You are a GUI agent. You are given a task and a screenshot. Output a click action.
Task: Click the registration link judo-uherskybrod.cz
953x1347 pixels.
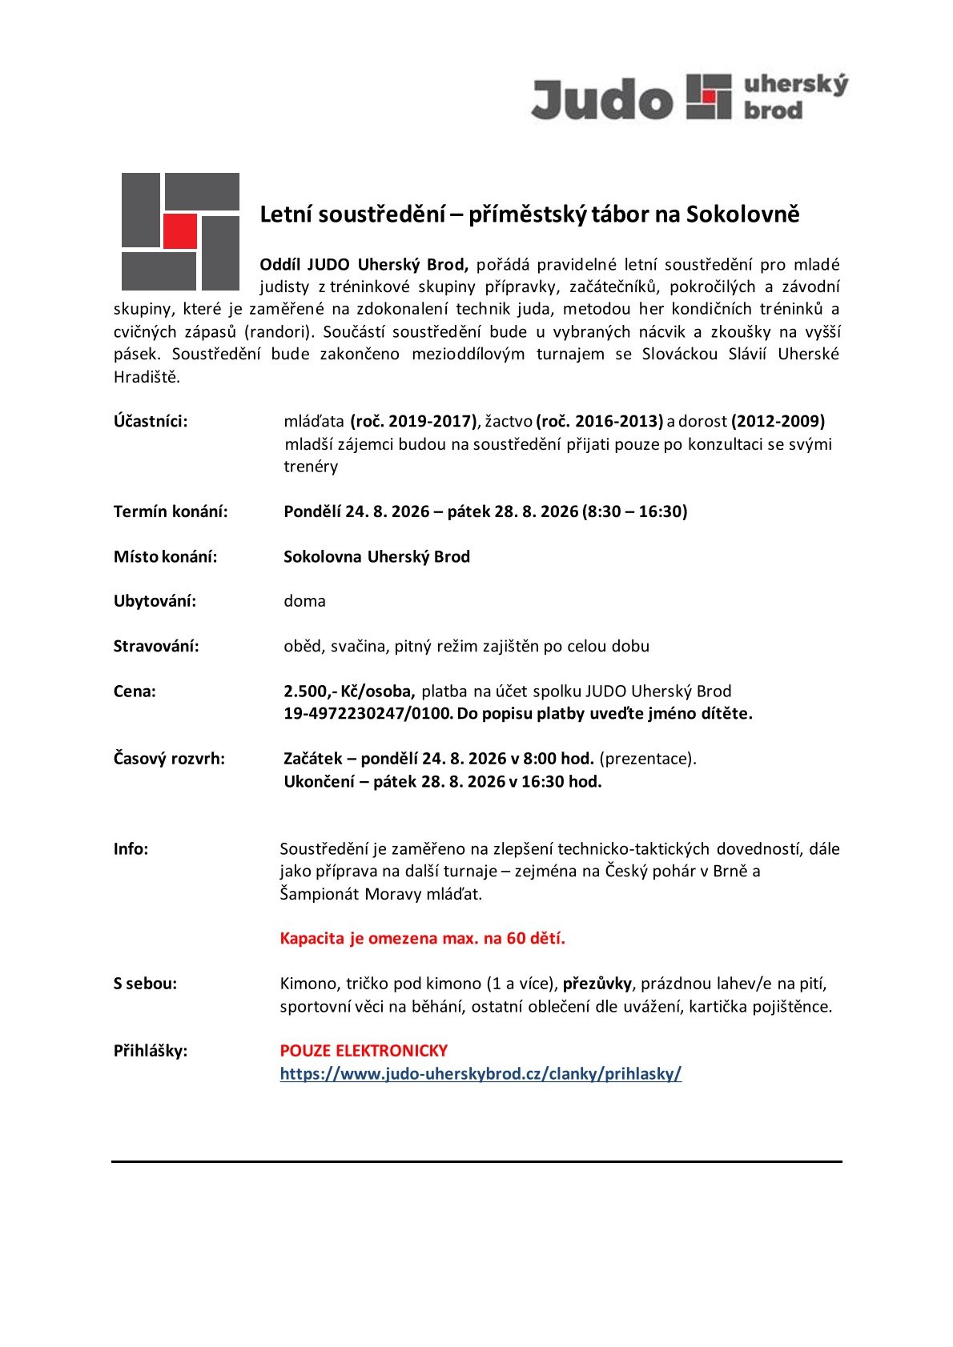pyautogui.click(x=481, y=1074)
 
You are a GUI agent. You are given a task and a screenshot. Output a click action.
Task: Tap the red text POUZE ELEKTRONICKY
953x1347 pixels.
pyautogui.click(x=364, y=1050)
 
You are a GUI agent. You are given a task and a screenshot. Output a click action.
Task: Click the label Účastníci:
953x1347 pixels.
pyautogui.click(x=151, y=421)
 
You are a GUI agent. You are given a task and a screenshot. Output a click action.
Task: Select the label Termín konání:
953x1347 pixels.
pyautogui.click(x=171, y=511)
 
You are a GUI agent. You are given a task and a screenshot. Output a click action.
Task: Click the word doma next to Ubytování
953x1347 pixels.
pyautogui.click(x=304, y=601)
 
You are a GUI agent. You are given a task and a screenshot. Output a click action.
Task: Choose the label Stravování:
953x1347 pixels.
pyautogui.click(x=156, y=646)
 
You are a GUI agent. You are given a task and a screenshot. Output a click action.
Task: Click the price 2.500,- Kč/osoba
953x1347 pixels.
pyautogui.click(x=349, y=691)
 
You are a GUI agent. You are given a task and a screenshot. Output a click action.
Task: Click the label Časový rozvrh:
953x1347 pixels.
pyautogui.click(x=169, y=759)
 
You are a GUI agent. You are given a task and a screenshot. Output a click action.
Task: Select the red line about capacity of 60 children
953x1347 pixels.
pyautogui.click(x=422, y=939)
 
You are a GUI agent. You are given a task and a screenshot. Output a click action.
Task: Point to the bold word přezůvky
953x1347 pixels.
pyautogui.click(x=598, y=983)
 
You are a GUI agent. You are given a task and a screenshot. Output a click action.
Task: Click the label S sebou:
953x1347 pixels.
pyautogui.click(x=145, y=984)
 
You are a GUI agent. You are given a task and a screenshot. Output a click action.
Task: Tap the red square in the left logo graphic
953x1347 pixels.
pyautogui.click(x=179, y=231)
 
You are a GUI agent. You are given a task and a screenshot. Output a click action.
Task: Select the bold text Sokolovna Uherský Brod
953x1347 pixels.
pyautogui.click(x=376, y=557)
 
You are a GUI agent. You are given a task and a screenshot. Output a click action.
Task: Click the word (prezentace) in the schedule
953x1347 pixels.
pyautogui.click(x=647, y=759)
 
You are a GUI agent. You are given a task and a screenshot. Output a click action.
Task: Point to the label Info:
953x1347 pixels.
pyautogui.click(x=131, y=849)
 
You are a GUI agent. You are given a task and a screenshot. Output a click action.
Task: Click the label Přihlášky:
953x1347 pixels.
pyautogui.click(x=151, y=1051)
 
